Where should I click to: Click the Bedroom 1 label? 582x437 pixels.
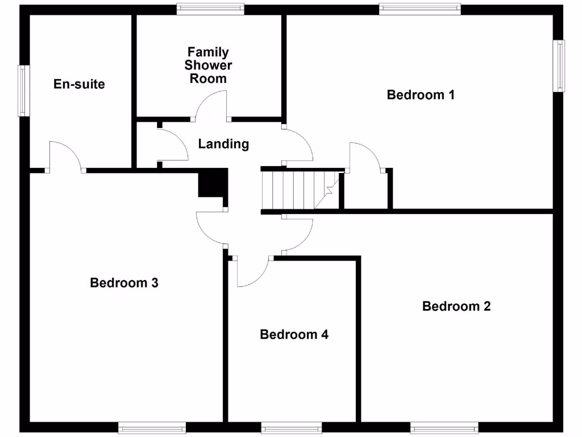click(421, 94)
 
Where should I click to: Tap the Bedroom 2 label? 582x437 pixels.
click(456, 306)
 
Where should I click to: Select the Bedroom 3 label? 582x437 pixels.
click(124, 282)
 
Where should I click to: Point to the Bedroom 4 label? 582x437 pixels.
click(294, 334)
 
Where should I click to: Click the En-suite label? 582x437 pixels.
click(79, 84)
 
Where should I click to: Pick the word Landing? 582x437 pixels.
click(223, 144)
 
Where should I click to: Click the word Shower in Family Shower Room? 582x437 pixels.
click(208, 65)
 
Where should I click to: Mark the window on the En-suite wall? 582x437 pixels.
click(23, 91)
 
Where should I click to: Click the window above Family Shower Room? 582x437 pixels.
click(210, 9)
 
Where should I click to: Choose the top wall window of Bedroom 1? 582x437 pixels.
click(420, 9)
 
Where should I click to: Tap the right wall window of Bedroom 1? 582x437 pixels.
click(560, 65)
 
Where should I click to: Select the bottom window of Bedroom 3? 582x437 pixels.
click(152, 427)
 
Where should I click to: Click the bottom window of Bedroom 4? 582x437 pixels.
click(292, 427)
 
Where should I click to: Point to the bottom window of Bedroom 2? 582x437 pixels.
click(444, 427)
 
